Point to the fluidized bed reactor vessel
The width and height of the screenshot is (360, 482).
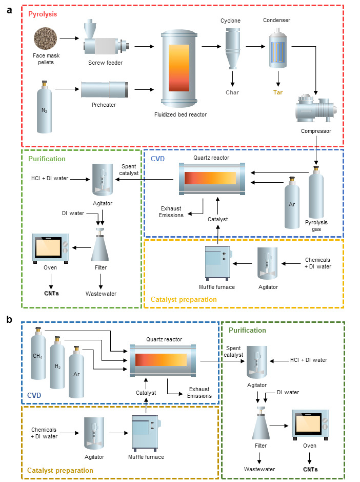pos(179,68)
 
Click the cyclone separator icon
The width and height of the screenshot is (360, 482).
pos(230,47)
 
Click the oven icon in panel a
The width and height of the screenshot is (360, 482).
pos(51,248)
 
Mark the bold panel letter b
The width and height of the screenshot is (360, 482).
pos(9,319)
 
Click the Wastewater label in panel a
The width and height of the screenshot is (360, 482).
pos(101,294)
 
